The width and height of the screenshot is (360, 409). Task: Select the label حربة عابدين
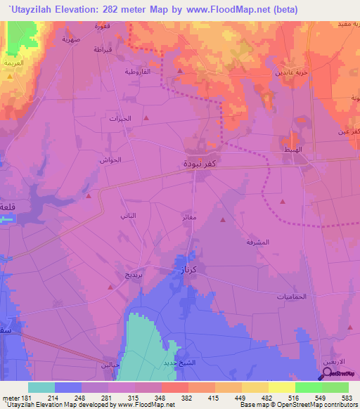coord(288,72)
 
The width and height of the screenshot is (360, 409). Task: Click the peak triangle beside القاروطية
coord(180,71)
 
